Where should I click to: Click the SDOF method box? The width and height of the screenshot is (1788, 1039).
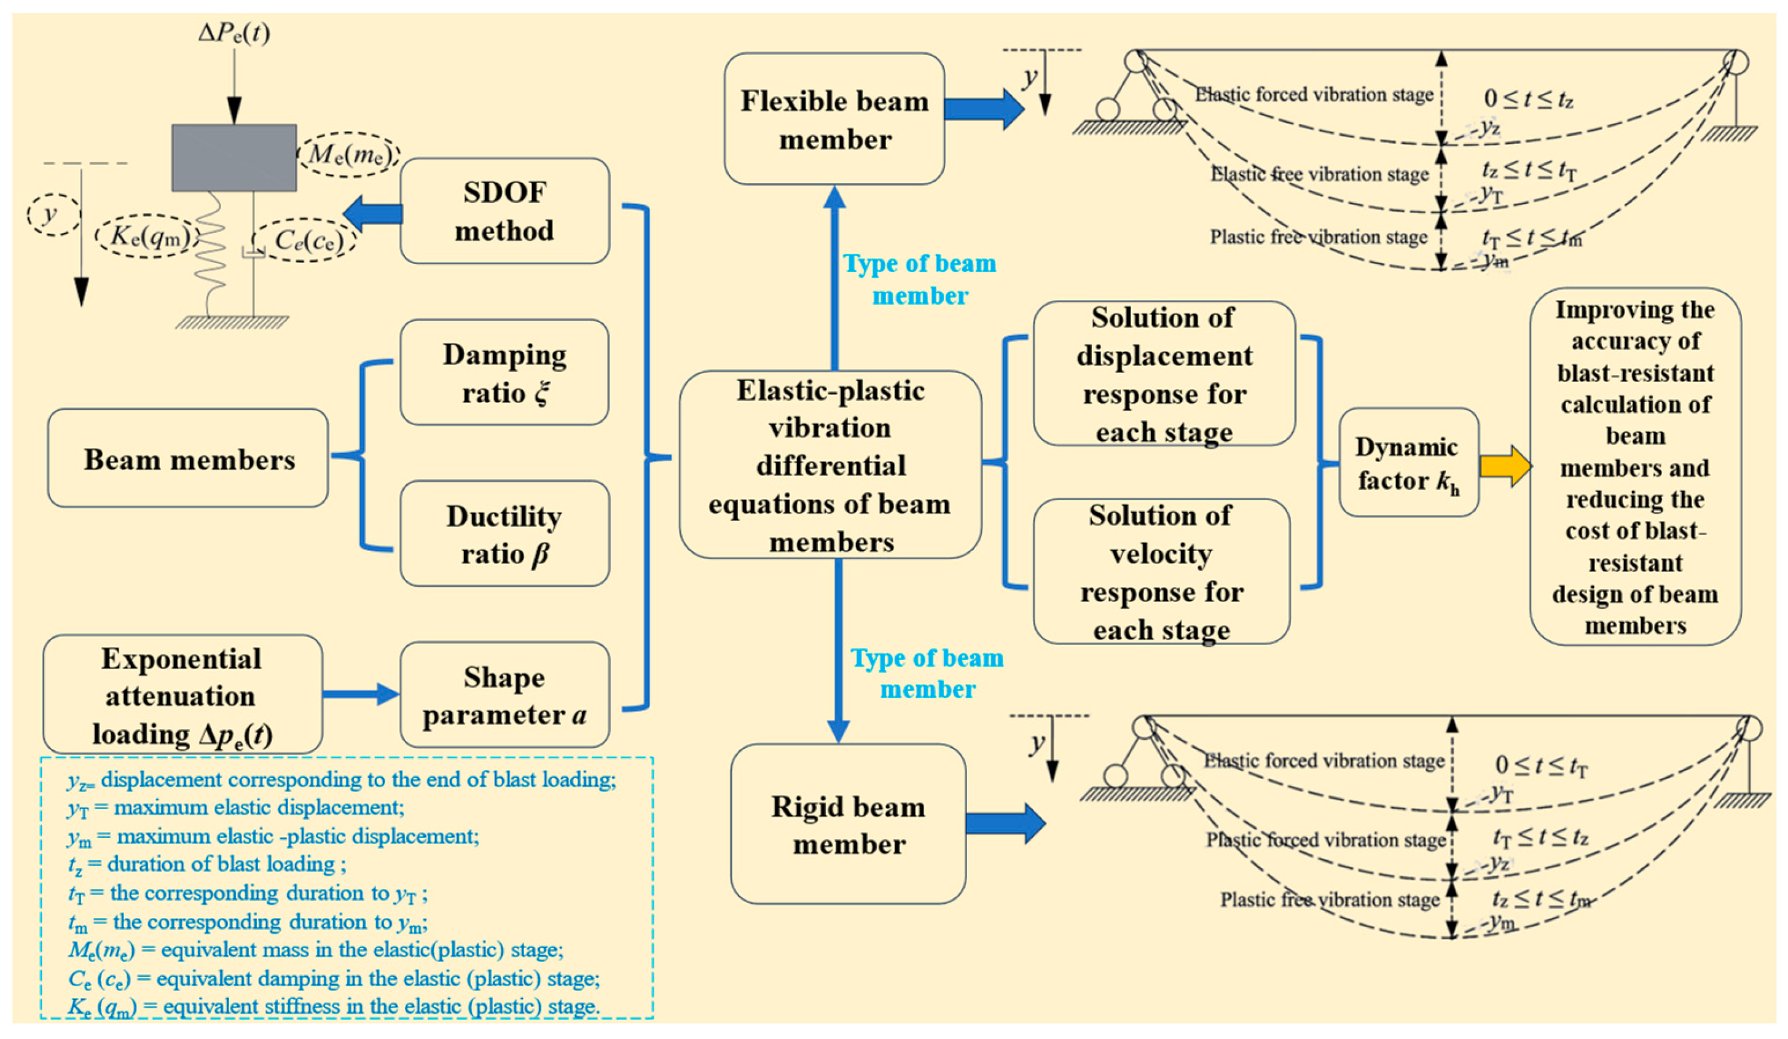click(504, 211)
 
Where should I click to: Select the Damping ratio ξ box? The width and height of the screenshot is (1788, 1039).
click(504, 372)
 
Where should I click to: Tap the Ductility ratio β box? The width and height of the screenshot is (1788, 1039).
click(504, 534)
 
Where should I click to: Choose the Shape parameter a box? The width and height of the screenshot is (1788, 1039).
click(504, 695)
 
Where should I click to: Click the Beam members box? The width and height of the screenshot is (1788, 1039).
click(188, 458)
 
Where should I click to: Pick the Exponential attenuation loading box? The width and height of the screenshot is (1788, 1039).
click(183, 694)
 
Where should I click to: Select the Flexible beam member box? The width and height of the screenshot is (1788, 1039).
click(834, 119)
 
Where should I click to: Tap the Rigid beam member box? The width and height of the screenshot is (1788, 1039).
click(849, 823)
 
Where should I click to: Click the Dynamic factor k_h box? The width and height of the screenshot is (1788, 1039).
click(1409, 462)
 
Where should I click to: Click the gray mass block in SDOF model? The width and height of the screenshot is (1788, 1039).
click(234, 157)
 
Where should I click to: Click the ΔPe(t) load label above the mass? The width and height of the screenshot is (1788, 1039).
click(234, 33)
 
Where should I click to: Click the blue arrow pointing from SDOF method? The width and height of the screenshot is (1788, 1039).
click(372, 214)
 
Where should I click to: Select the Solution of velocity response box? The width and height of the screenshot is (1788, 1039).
click(1161, 571)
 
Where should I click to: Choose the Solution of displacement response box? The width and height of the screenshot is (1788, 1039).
click(1164, 374)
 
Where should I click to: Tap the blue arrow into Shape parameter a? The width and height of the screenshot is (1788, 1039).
click(361, 694)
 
